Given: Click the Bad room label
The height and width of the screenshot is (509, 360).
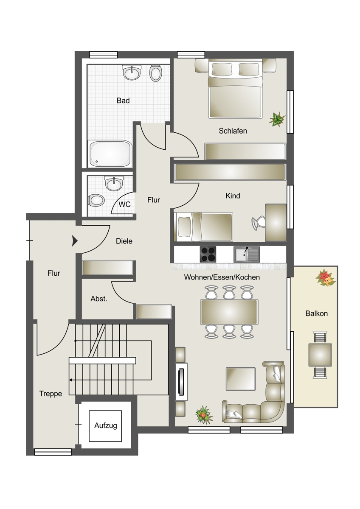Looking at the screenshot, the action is coord(123,101).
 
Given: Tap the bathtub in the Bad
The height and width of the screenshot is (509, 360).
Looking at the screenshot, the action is coord(110,154).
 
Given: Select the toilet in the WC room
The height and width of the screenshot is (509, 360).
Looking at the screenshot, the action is coord(96,200).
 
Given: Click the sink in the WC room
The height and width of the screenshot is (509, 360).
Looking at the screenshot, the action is coord(114,183).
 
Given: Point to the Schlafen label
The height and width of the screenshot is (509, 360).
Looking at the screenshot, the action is coord(233,131).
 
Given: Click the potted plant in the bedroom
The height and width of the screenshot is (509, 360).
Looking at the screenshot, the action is coord(277,119).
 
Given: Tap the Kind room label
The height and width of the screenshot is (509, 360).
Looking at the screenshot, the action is coord(233,196).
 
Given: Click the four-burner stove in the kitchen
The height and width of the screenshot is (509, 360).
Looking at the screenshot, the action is coord(208,254).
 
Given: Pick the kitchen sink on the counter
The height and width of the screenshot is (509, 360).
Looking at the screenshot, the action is coord(247,254).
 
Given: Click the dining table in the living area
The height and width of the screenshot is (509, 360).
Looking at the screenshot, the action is coord(229,312).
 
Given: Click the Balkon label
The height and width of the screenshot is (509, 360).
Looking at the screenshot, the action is coord(316,313).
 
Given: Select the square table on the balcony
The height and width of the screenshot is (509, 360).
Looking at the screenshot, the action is coord(320,355).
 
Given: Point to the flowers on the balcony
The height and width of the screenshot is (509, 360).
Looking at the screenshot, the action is coord(325,278).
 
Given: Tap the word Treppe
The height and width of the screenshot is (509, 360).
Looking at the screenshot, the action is coord(51,394).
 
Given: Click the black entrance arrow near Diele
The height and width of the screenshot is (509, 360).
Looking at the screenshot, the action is coord(75,241).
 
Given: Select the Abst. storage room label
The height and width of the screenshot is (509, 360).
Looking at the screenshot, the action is coord(98,299).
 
